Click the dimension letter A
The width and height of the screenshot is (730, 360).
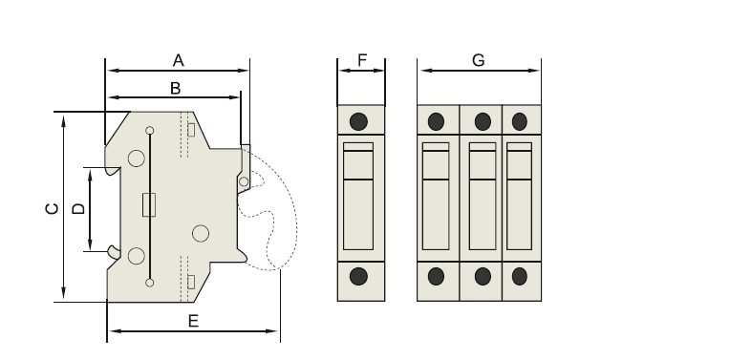tap(178, 60)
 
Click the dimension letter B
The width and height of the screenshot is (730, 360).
tap(175, 88)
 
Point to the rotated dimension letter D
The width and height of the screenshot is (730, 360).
tap(79, 207)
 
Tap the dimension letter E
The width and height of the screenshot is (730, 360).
tap(193, 322)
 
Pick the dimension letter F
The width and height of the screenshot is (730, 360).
tap(362, 60)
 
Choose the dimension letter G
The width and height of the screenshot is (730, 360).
tap(479, 60)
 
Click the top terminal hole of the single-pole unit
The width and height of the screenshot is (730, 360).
tap(359, 121)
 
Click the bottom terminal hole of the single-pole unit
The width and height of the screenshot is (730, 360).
tap(359, 276)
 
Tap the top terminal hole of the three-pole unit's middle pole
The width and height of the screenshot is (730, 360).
tap(483, 121)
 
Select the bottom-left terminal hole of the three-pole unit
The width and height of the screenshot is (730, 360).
tap(436, 276)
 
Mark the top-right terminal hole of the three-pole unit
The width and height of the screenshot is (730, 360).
tap(520, 121)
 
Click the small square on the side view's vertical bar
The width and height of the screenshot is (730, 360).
tap(148, 204)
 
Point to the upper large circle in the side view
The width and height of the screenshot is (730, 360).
tap(137, 159)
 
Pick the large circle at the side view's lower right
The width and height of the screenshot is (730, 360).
tap(200, 234)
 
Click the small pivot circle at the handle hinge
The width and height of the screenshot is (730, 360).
tap(244, 180)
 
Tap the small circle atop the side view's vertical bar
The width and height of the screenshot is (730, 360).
tap(149, 131)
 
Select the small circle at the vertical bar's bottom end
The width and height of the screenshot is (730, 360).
tap(149, 282)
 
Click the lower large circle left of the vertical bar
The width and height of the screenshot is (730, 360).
tap(137, 255)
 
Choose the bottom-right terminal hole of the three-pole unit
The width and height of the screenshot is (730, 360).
tap(520, 276)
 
